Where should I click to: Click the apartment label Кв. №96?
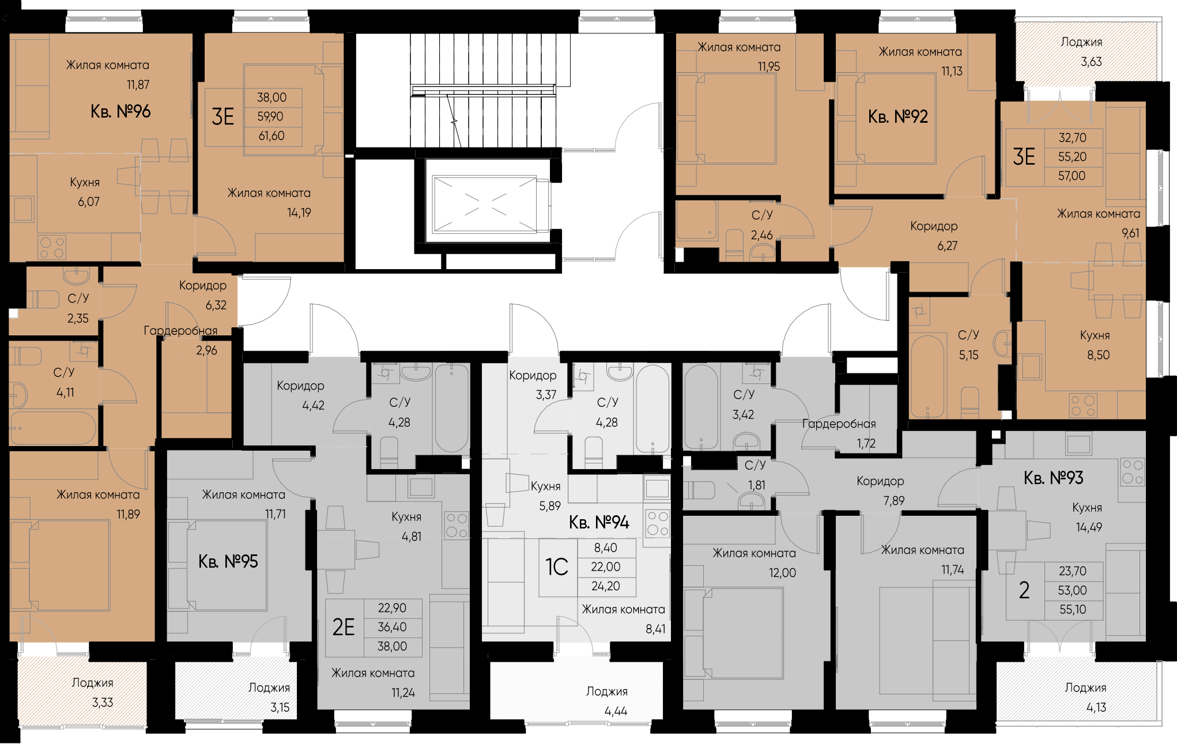point(120,111)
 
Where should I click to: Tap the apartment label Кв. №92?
point(898,116)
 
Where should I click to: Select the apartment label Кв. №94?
point(599,522)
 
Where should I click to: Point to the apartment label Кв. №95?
point(228,561)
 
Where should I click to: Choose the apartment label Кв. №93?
point(1054,478)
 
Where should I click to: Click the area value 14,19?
point(299,213)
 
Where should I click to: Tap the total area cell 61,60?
point(271,136)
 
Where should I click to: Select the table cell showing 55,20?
point(1072,157)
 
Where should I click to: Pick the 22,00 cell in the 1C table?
point(606,567)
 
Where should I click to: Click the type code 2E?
point(344,627)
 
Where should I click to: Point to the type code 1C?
point(557,567)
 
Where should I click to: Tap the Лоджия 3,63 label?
point(1082,52)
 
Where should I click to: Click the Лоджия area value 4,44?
point(616,711)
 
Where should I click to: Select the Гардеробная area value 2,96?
point(207,350)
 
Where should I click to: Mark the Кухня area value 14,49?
point(1089,527)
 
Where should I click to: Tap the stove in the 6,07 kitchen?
point(52,248)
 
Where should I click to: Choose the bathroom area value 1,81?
point(757,485)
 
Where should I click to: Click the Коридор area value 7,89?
point(894,501)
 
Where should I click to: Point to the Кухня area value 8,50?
point(1098,355)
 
